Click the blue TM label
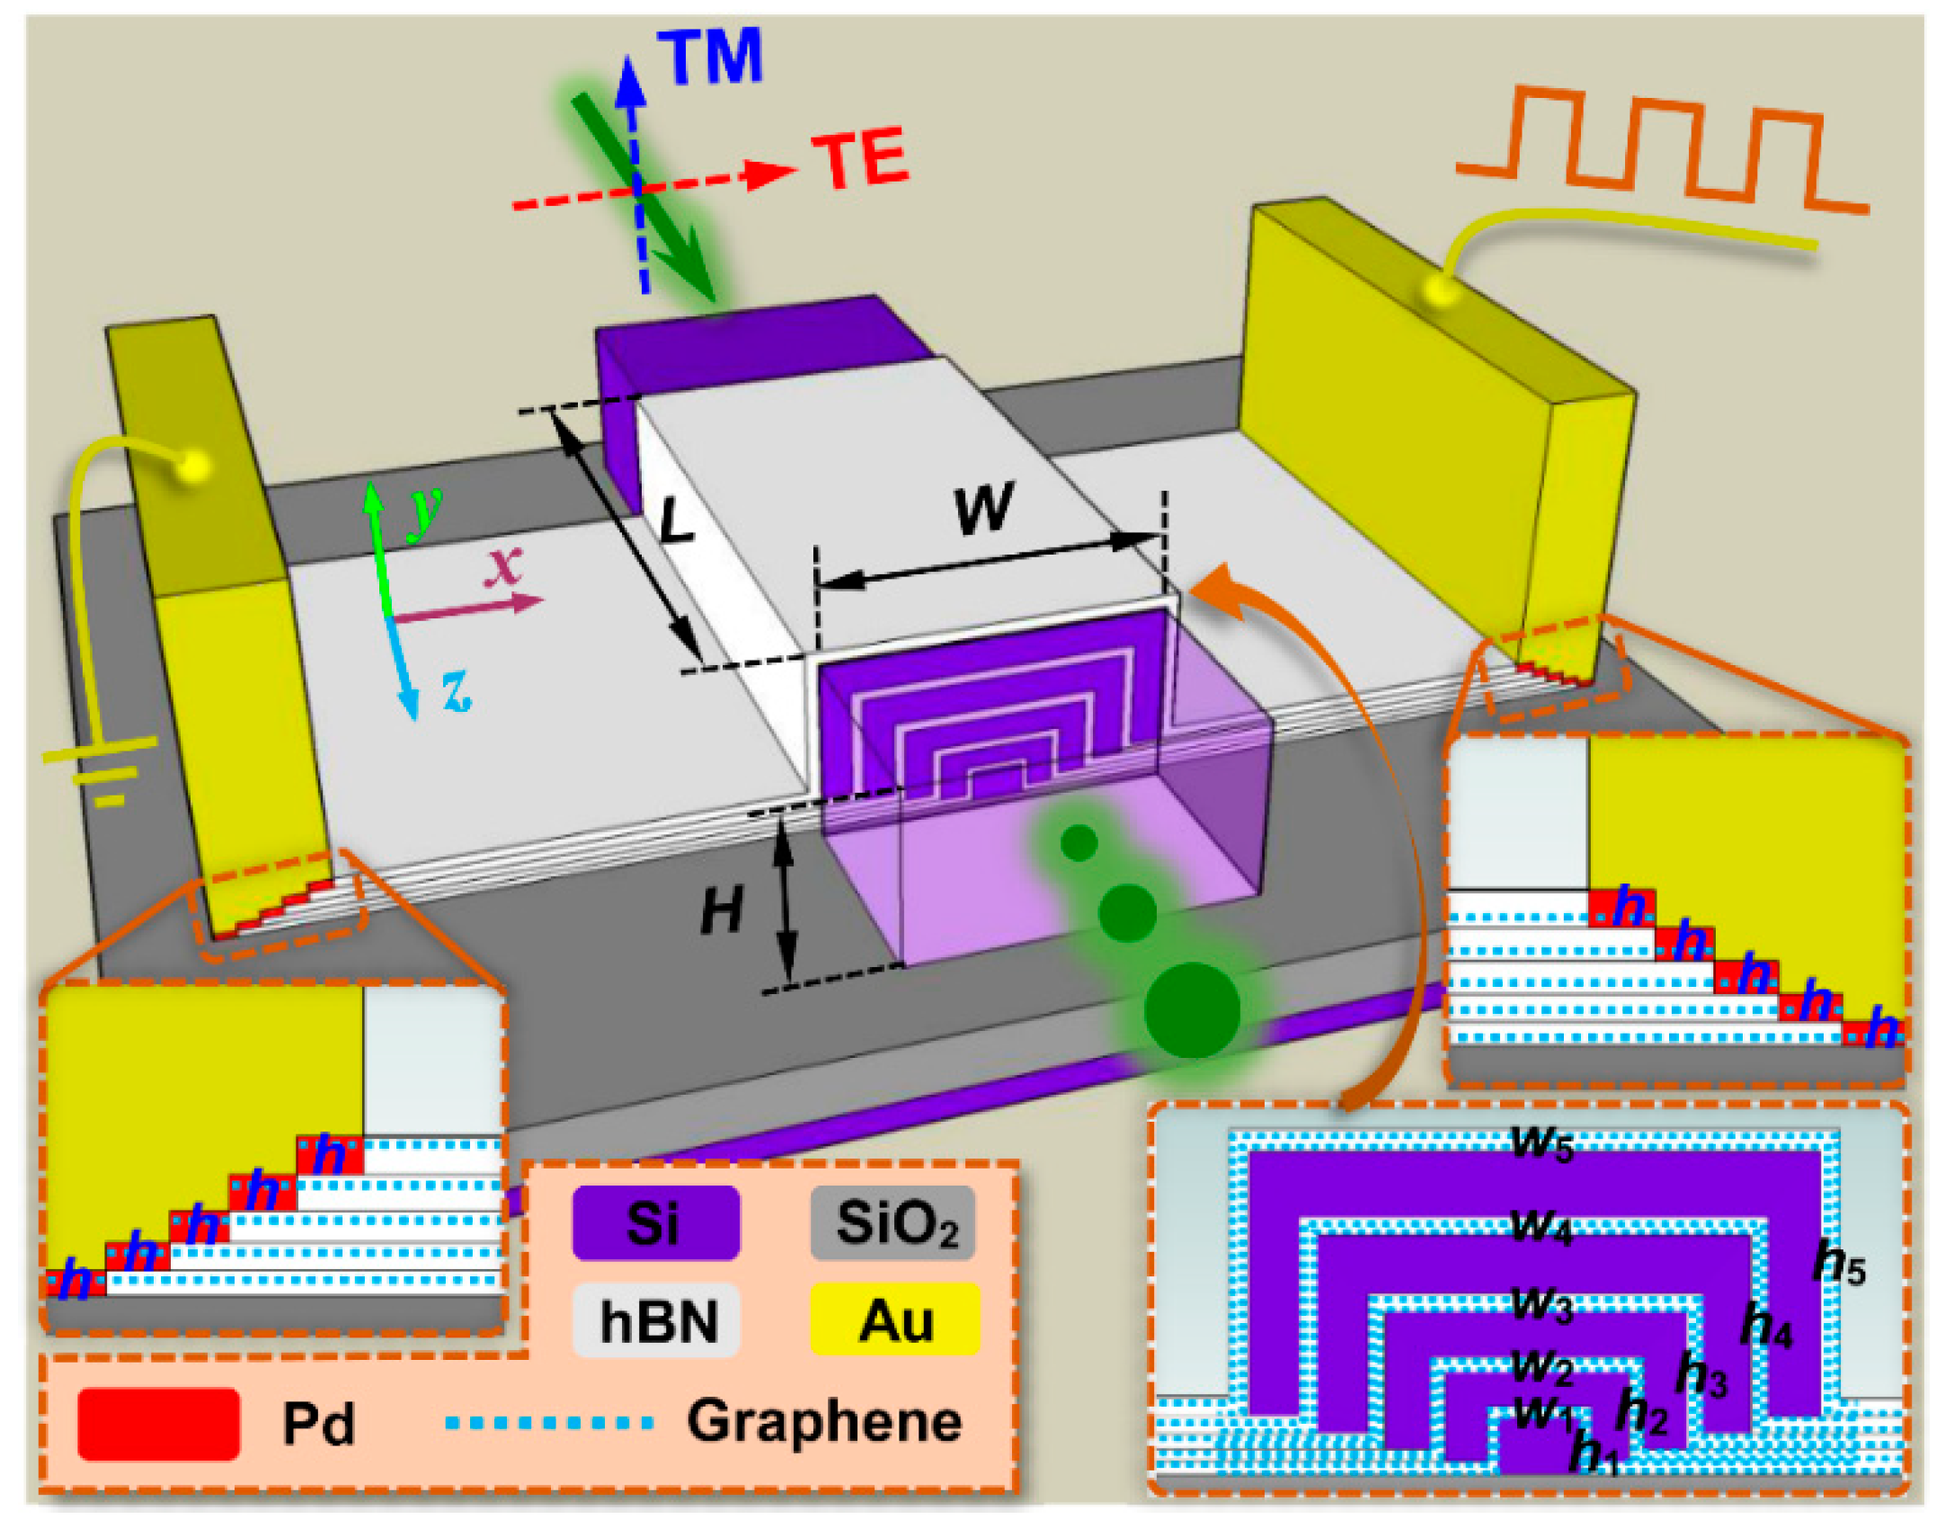pyautogui.click(x=710, y=56)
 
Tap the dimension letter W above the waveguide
pyautogui.click(x=984, y=508)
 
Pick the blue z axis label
pyautogui.click(x=457, y=690)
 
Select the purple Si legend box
pyautogui.click(x=655, y=1223)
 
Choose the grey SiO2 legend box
pyautogui.click(x=893, y=1223)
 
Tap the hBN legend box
pyautogui.click(x=655, y=1320)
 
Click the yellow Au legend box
pyautogui.click(x=894, y=1320)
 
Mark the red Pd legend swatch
pyautogui.click(x=158, y=1424)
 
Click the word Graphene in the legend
pyautogui.click(x=824, y=1422)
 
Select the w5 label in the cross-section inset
pyautogui.click(x=1542, y=1143)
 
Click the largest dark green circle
pyautogui.click(x=1192, y=1010)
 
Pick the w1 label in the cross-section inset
pyautogui.click(x=1542, y=1414)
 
